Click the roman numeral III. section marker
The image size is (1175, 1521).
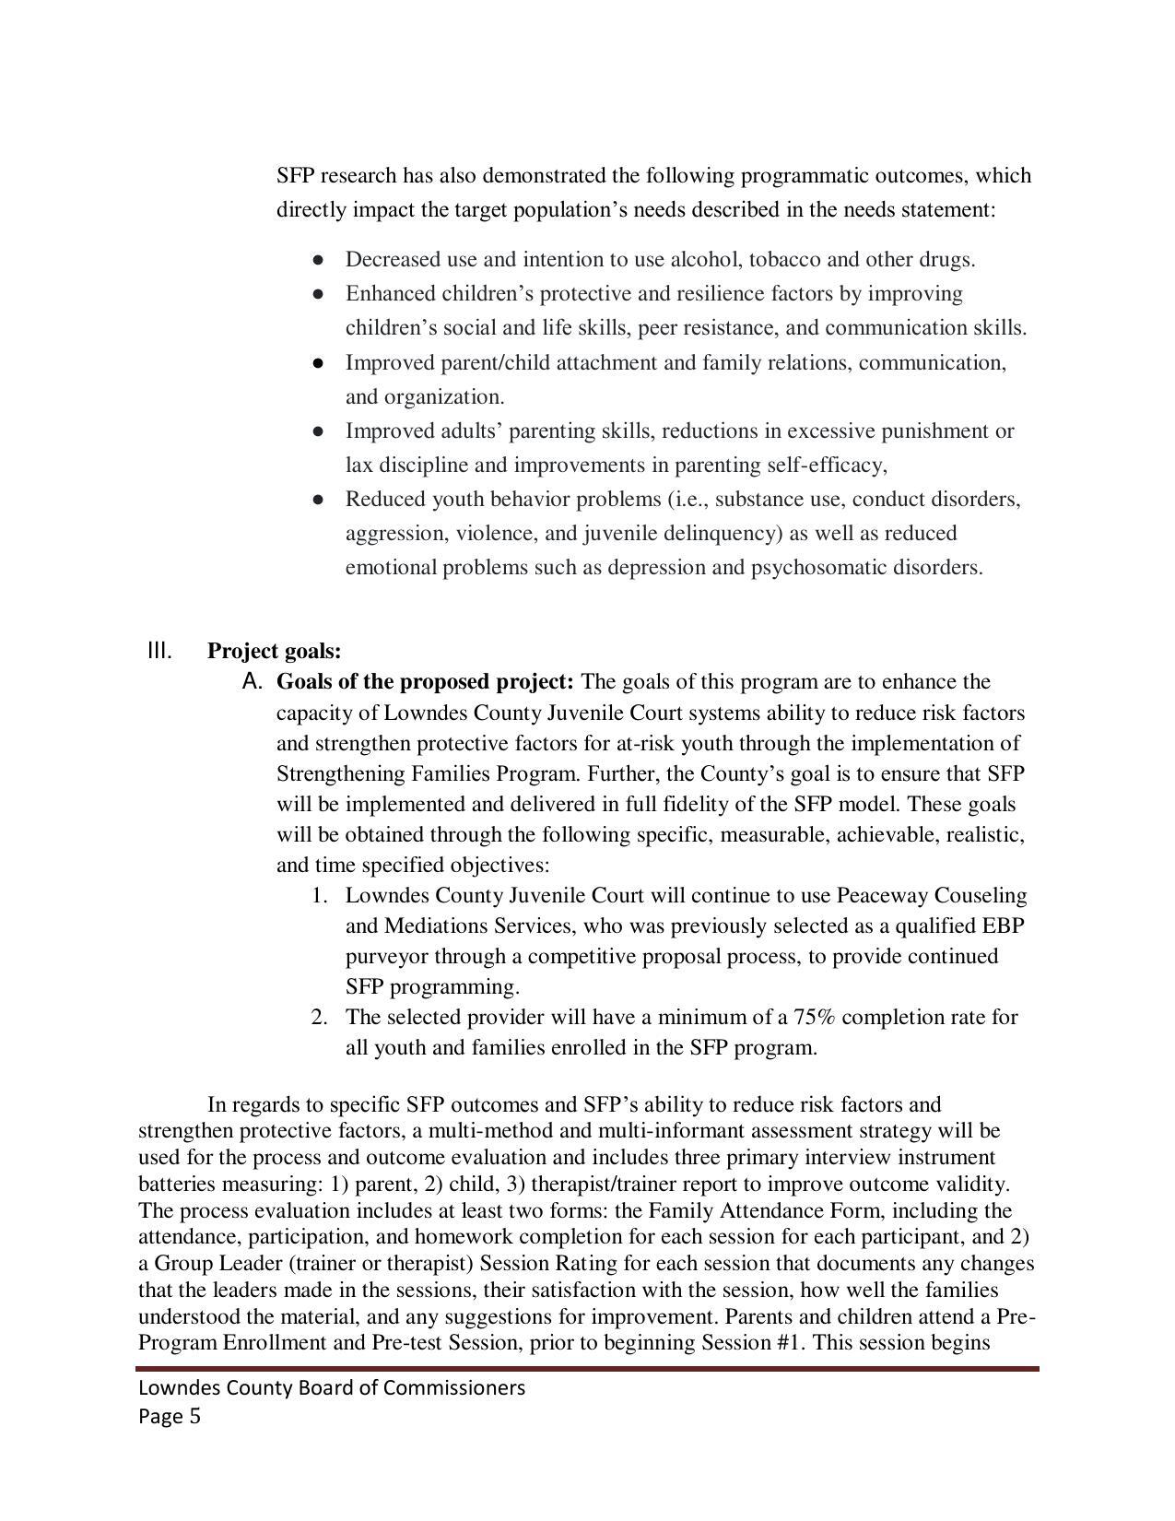pyautogui.click(x=159, y=651)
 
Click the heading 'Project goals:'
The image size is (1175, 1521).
pyautogui.click(x=274, y=651)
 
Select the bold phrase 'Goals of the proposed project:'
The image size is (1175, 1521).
pyautogui.click(x=425, y=682)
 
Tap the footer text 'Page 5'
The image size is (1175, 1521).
pyautogui.click(x=170, y=1417)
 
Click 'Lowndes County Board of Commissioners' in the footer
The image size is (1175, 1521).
pyautogui.click(x=332, y=1388)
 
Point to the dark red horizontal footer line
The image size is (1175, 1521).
pyautogui.click(x=587, y=1369)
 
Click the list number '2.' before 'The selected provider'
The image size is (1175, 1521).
pyautogui.click(x=319, y=1018)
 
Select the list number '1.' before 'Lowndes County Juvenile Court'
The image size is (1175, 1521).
pyautogui.click(x=319, y=896)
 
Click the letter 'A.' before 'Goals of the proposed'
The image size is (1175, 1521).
pyautogui.click(x=253, y=682)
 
